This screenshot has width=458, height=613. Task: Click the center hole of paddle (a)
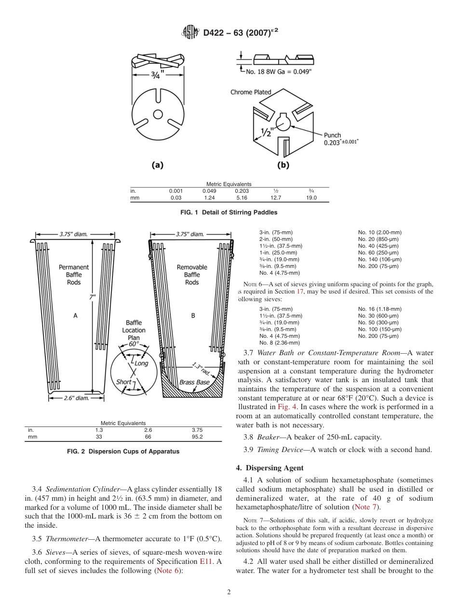pos(157,114)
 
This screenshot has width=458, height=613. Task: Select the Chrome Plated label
pos(251,92)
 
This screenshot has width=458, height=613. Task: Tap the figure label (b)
pos(283,165)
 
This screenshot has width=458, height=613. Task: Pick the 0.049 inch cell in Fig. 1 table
pos(209,191)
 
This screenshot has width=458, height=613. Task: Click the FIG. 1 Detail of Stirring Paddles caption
pos(229,213)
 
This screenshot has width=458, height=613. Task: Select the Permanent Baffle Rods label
pos(74,274)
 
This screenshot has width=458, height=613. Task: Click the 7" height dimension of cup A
pos(92,298)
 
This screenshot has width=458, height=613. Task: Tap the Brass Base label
pos(194,382)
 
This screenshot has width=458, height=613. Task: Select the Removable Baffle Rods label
pos(192,274)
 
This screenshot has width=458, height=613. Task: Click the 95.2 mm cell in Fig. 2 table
pos(197,437)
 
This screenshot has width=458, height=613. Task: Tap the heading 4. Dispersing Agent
pos(269,468)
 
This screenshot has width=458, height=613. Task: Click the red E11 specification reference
pos(205,561)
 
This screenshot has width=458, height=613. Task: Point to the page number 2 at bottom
pos(229,592)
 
